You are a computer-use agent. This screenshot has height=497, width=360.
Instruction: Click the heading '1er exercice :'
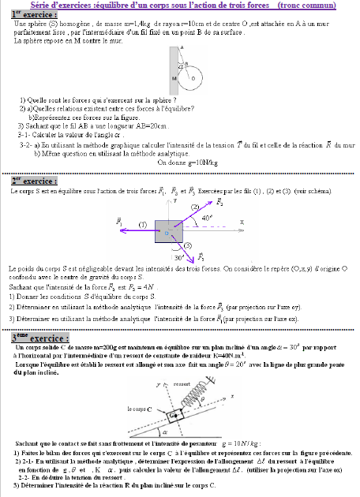coord(36,15)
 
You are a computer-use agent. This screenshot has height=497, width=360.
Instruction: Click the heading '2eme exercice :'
coord(34,181)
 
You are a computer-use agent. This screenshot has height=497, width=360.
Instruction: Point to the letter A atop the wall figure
coord(182,47)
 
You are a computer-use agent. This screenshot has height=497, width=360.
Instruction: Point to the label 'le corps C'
coord(140,410)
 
